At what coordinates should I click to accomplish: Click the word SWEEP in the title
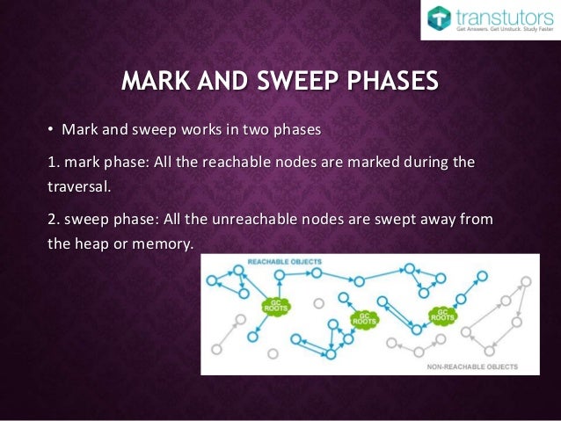[287, 83]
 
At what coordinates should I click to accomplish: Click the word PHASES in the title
[390, 83]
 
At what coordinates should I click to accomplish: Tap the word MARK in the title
[156, 83]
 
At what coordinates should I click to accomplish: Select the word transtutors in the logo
[502, 16]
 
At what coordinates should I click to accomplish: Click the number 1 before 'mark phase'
[50, 163]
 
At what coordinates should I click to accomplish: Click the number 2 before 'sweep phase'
[50, 219]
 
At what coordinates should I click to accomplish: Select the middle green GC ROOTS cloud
[362, 318]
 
